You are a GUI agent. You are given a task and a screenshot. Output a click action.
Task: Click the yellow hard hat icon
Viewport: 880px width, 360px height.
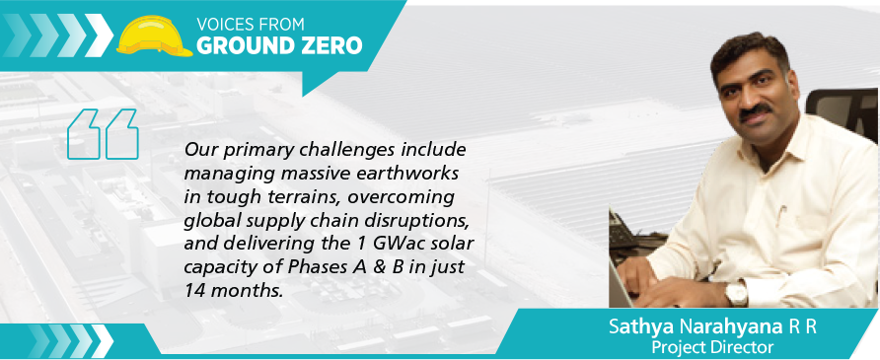coord(154,36)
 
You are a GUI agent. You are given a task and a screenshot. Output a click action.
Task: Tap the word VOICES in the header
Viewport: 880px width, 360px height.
coord(224,25)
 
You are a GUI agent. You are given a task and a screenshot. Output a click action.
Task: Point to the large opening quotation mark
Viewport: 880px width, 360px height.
coord(103,134)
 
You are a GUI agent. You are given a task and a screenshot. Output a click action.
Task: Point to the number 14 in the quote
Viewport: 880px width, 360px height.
coord(193,291)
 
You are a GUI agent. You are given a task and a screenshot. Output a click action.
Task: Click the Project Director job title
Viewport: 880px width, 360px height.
coord(711,347)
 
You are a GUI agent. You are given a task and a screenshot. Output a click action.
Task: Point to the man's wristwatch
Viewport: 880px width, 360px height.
coord(737,292)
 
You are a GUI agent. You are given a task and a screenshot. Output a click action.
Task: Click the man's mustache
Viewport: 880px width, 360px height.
coord(756,111)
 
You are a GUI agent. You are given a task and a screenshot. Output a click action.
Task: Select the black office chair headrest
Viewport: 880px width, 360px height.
coord(842,113)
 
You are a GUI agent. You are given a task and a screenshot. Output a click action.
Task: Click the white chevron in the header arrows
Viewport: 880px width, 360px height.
coord(99,35)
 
